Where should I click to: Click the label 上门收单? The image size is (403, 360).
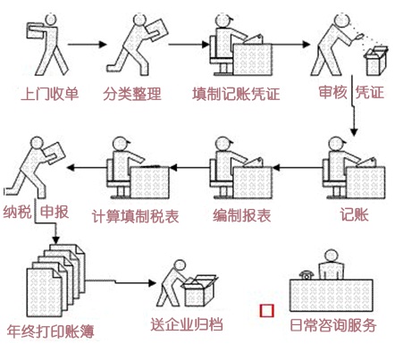pos(47,92)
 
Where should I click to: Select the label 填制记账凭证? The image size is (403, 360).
pos(239,92)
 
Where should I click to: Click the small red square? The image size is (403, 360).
pos(265,311)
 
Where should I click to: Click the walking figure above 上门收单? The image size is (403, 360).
pos(45,45)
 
